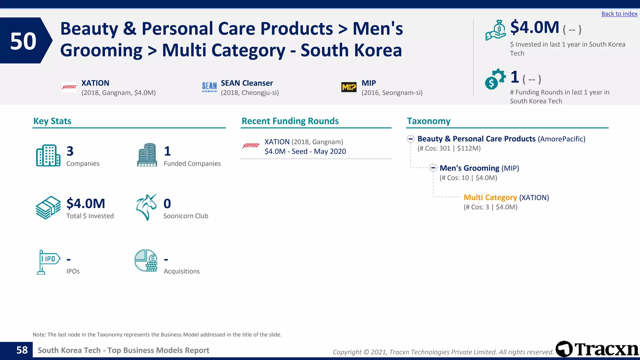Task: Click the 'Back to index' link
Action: [619, 14]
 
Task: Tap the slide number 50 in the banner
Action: [23, 41]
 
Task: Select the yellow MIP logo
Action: [349, 87]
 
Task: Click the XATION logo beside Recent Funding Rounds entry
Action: [251, 146]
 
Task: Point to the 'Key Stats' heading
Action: [52, 121]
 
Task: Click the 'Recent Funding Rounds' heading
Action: [290, 121]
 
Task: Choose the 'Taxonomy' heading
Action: [428, 121]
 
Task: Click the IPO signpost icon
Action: [47, 262]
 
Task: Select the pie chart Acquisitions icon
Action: [146, 261]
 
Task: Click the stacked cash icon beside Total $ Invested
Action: [48, 207]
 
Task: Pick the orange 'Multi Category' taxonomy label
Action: [490, 197]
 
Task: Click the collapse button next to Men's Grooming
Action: [433, 168]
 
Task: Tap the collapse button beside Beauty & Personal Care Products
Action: [411, 139]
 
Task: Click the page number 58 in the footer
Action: [22, 350]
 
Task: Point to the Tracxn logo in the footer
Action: [597, 349]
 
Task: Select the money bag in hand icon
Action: [496, 30]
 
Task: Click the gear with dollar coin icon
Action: [495, 79]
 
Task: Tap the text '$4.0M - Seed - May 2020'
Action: [305, 152]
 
